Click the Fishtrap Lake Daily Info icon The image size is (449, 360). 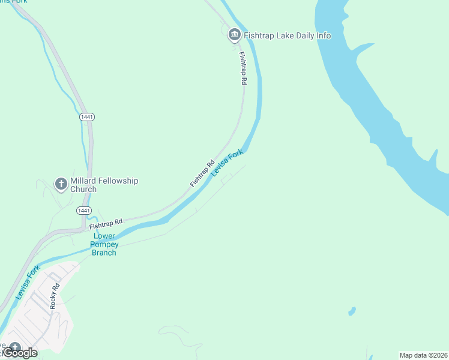(234, 35)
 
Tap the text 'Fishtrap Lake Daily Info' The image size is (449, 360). (287, 35)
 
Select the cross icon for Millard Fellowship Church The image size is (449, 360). (61, 184)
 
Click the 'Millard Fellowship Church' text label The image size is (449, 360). (104, 185)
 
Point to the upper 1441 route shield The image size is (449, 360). (86, 116)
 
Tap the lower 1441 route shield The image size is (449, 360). (83, 211)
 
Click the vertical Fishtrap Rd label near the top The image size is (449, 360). (243, 67)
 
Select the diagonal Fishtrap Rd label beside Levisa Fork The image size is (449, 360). (202, 173)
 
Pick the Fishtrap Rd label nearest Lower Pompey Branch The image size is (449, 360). (106, 224)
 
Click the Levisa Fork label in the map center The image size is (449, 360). (228, 163)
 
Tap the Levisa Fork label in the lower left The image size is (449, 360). (28, 282)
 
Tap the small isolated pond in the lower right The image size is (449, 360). (351, 311)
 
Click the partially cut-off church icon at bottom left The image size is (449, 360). (14, 349)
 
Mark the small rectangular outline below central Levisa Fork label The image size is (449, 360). (227, 179)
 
